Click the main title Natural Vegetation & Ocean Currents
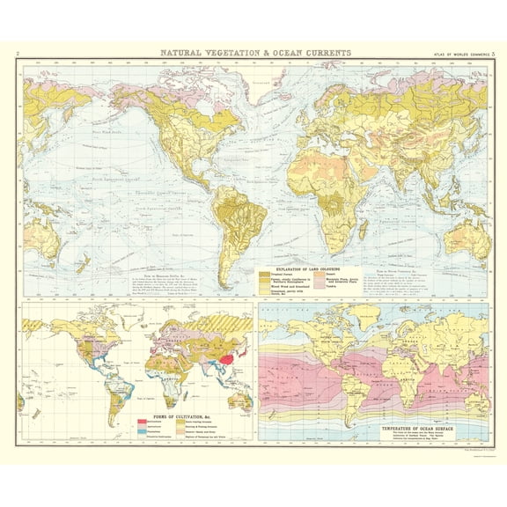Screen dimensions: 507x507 253,53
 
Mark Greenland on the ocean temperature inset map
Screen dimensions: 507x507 352,317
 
